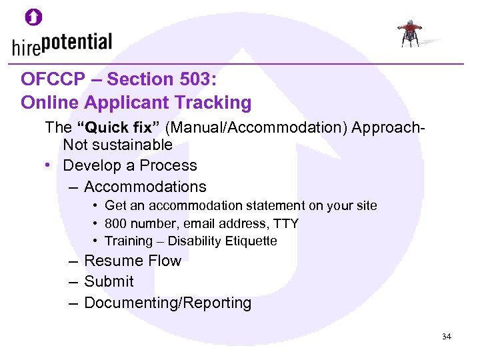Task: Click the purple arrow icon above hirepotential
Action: click(33, 17)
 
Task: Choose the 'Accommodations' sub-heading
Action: click(145, 187)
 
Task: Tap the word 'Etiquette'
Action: click(250, 241)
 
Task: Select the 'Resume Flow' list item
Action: click(132, 261)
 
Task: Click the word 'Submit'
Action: click(109, 281)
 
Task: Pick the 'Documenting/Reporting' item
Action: click(167, 303)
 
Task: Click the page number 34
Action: click(446, 337)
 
